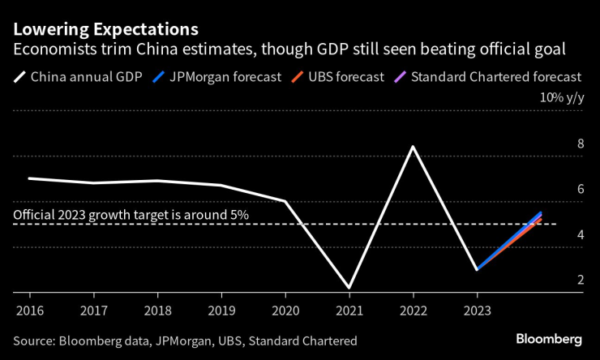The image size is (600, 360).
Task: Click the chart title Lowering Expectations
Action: [x=105, y=29]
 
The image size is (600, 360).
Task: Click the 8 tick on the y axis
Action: [x=580, y=144]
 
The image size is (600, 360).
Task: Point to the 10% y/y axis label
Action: [x=562, y=97]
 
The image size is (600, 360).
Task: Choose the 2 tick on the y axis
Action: [x=580, y=280]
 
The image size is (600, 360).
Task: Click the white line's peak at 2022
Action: [x=413, y=147]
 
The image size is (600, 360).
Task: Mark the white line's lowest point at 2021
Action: [x=349, y=287]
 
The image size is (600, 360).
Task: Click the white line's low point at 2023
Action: [x=477, y=269]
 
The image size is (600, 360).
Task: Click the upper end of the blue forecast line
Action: [x=541, y=212]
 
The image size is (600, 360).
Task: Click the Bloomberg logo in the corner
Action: [x=549, y=338]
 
